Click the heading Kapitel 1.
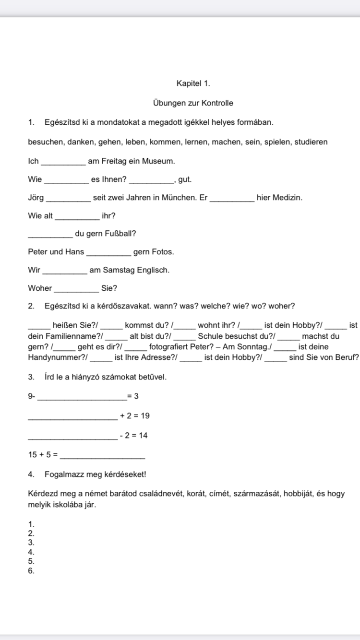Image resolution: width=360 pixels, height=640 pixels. (x=193, y=83)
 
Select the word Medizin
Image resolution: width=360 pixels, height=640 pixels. (x=287, y=198)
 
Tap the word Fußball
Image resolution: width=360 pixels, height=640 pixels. (x=121, y=234)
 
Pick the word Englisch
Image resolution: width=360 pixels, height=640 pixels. (x=153, y=270)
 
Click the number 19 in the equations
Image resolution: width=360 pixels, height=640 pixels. (x=144, y=415)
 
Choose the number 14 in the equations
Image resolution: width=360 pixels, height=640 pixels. (x=143, y=436)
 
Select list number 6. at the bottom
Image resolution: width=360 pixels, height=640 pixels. (x=31, y=571)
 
